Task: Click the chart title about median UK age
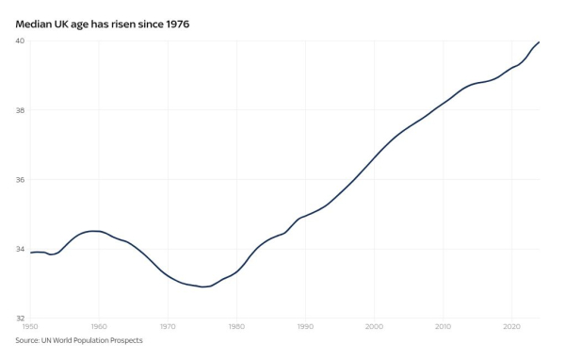coord(103,22)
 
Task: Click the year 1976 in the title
coord(175,22)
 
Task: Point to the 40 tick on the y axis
coord(20,41)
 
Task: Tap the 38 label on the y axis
coord(20,110)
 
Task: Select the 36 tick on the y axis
coord(20,179)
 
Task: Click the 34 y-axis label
coord(20,249)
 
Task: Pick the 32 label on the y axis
coord(20,319)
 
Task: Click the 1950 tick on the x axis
coord(30,327)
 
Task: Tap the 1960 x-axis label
coord(99,327)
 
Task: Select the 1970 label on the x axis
coord(168,327)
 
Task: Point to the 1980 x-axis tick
coord(237,327)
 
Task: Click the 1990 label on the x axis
coord(306,327)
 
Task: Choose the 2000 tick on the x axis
coord(375,327)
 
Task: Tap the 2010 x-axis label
coord(444,327)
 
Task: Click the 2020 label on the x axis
coord(512,327)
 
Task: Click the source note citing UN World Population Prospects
coord(79,340)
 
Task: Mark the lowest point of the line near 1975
coord(203,286)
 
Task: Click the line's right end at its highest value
coord(540,42)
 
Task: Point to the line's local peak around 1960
coord(94,231)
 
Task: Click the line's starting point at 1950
coord(31,253)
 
